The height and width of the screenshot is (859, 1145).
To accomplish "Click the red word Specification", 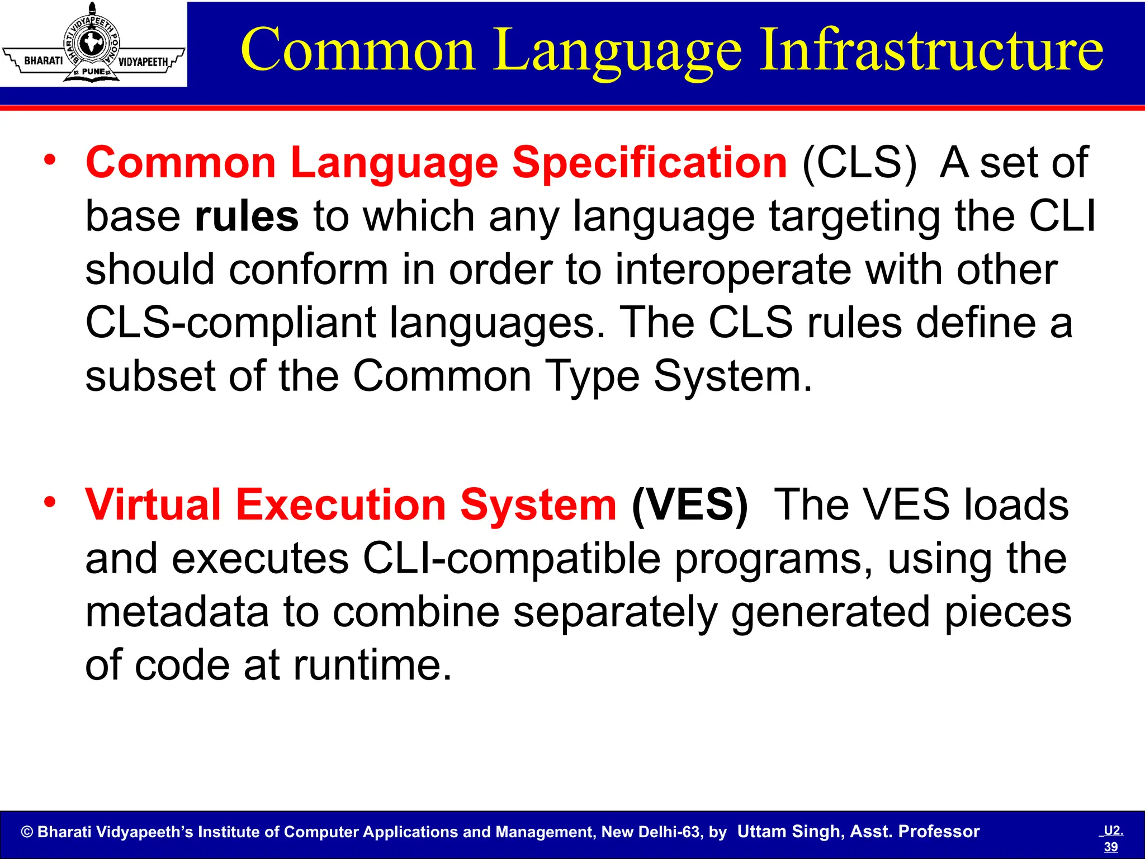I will [650, 163].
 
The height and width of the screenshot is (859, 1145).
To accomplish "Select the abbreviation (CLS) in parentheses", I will [859, 163].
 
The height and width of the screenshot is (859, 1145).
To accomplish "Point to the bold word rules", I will [247, 216].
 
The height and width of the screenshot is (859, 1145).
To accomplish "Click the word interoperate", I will [733, 270].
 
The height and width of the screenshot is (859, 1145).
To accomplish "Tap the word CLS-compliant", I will [230, 323].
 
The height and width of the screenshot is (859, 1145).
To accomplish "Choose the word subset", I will [150, 376].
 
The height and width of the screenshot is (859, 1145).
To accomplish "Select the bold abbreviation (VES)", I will [689, 505].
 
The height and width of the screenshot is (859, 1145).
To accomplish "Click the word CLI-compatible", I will [511, 558].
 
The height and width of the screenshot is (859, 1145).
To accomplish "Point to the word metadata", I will [177, 611].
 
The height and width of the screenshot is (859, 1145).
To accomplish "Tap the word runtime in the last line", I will [372, 665].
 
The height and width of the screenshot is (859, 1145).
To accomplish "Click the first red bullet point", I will [50, 160].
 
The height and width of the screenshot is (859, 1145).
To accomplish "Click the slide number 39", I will [1110, 847].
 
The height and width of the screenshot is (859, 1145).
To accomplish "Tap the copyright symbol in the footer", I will [27, 832].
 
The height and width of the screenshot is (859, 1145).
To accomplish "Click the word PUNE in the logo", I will [93, 72].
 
